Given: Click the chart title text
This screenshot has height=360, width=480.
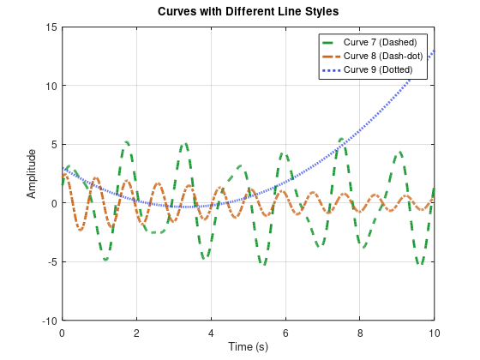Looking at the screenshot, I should (x=249, y=11).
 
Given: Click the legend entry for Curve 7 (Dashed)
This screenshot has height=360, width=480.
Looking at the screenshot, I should (x=380, y=42).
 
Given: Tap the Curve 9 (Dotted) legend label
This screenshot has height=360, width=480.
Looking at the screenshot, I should (x=378, y=69).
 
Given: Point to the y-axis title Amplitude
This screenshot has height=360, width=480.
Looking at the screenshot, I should (x=32, y=173).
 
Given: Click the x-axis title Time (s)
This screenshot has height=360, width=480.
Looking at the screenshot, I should (x=248, y=346).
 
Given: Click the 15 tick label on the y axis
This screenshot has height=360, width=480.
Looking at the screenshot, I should (x=51, y=27).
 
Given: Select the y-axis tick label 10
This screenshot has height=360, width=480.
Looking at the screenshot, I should (x=51, y=86).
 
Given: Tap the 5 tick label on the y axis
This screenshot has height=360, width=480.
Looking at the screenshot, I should (x=53, y=145).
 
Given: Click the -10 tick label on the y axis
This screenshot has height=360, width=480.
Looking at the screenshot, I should (x=49, y=321).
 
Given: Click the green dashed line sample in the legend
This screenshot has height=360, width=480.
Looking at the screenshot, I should (x=330, y=42).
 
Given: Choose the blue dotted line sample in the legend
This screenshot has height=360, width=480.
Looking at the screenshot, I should (x=330, y=69).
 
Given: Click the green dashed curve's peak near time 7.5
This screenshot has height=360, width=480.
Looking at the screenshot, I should (x=341, y=138).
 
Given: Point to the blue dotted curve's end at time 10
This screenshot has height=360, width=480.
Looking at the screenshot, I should (x=435, y=51).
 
